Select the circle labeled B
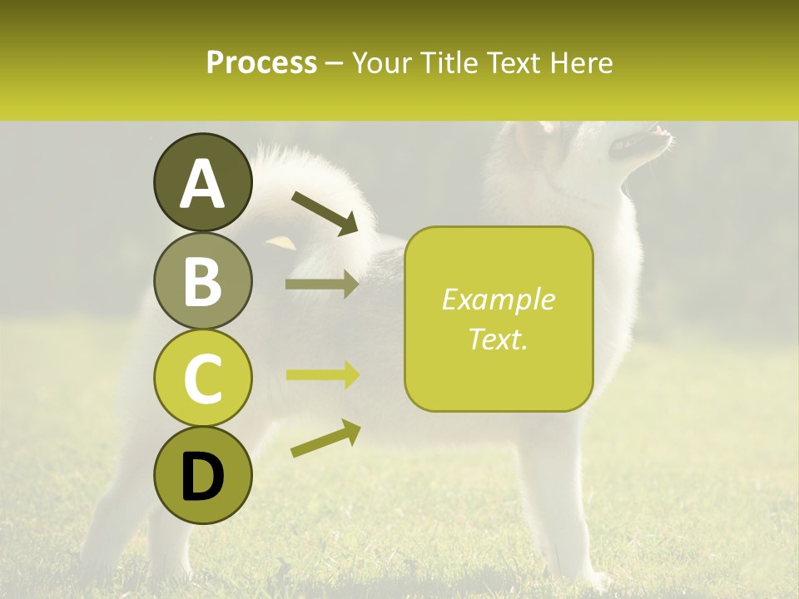tap(202, 280)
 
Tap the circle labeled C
tap(202, 379)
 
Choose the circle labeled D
tap(202, 476)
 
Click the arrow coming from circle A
tap(325, 212)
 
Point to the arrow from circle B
tap(322, 285)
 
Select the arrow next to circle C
tap(322, 375)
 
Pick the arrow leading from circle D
tap(325, 439)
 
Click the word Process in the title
tap(261, 62)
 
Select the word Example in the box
tap(498, 299)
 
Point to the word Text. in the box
tap(498, 339)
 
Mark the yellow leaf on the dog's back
tap(281, 242)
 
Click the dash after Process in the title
tap(335, 63)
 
